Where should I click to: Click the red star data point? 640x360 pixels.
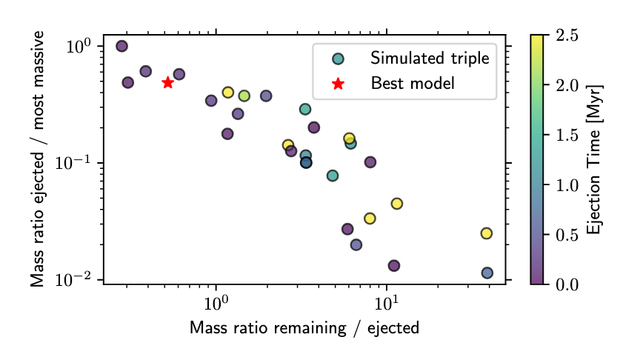tap(167, 82)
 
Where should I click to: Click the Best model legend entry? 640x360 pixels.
tap(412, 83)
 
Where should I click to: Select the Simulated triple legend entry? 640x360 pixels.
tap(430, 59)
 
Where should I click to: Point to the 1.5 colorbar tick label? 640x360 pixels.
tap(567, 135)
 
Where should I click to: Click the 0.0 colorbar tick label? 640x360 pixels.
tap(567, 284)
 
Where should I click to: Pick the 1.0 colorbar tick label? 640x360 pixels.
tap(567, 185)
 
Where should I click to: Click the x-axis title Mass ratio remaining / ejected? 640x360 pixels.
tap(304, 327)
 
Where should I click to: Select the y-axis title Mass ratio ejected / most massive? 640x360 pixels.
tap(38, 159)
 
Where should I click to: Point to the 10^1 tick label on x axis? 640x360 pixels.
tap(387, 304)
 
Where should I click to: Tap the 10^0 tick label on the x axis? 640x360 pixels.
tap(216, 304)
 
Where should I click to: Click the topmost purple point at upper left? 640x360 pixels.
tap(122, 46)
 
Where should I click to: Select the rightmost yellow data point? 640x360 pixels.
tap(487, 233)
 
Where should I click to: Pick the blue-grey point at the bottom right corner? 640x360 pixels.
tap(487, 273)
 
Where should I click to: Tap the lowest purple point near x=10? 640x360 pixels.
tap(394, 265)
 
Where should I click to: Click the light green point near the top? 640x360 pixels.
tap(244, 96)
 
